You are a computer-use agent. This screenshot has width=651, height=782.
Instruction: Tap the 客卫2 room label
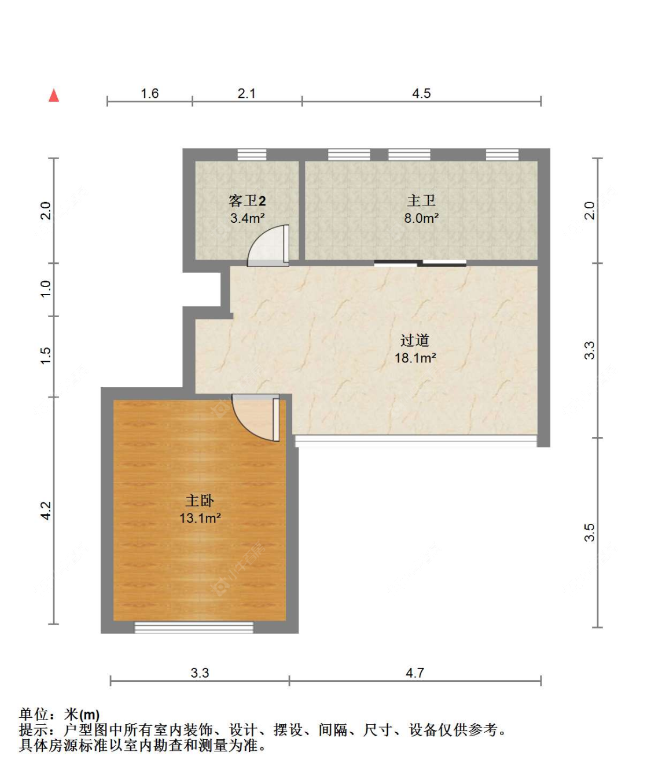247,201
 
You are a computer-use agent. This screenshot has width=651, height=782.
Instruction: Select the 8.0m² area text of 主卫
421,218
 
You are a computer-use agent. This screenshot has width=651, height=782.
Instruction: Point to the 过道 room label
415,340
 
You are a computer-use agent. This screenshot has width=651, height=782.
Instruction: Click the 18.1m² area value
415,358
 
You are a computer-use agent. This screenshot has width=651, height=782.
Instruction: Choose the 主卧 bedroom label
200,501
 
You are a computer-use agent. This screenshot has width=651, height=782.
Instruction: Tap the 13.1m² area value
200,518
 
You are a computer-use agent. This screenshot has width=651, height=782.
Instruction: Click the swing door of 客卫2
269,245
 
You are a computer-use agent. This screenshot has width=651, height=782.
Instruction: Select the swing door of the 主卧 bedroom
256,417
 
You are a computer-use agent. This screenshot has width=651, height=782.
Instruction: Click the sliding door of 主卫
420,263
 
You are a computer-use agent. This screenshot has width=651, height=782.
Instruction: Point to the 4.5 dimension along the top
421,93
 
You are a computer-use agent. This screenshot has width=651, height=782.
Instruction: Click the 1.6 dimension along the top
150,93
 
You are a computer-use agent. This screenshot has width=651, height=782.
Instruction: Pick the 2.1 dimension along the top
247,93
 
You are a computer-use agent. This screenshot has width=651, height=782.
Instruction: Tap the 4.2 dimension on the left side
46,511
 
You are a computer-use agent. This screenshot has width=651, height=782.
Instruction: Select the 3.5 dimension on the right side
589,532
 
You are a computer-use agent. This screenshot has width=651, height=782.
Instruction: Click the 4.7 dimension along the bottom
415,673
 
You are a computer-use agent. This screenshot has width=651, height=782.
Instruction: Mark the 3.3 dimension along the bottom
200,673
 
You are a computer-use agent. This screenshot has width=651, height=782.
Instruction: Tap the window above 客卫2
252,155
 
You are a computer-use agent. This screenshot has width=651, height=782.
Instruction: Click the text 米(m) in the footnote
82,715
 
